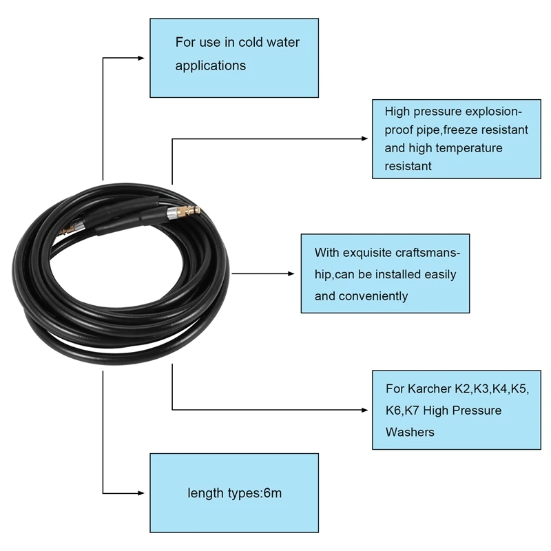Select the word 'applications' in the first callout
click(x=210, y=66)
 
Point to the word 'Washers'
click(x=410, y=433)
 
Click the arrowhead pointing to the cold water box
click(x=145, y=59)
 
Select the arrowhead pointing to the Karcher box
click(x=367, y=410)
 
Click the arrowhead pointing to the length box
click(x=145, y=493)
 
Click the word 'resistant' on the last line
click(x=408, y=165)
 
